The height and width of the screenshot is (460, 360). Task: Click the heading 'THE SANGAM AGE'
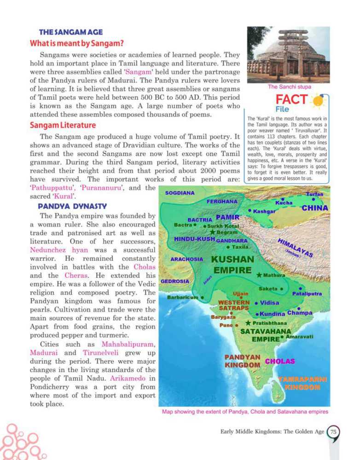coord(71,33)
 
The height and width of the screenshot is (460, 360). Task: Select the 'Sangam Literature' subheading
coord(63,125)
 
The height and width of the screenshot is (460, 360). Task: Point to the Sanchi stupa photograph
coord(289,54)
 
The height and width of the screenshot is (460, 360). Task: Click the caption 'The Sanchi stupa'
coord(290,86)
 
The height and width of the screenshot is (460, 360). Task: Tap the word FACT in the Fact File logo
coord(291,99)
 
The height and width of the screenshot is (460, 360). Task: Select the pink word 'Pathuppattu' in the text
coord(49,188)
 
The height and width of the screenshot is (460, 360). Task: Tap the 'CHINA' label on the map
coord(314,208)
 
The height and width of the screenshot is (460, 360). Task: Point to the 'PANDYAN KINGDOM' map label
coord(243,361)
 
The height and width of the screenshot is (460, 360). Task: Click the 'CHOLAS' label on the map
coord(279,361)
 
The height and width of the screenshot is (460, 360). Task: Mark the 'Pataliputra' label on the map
coord(307,293)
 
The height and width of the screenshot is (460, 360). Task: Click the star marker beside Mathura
coord(260,275)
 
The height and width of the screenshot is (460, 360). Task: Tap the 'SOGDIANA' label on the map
coord(180,193)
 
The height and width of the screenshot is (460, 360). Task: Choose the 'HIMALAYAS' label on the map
coord(296,248)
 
